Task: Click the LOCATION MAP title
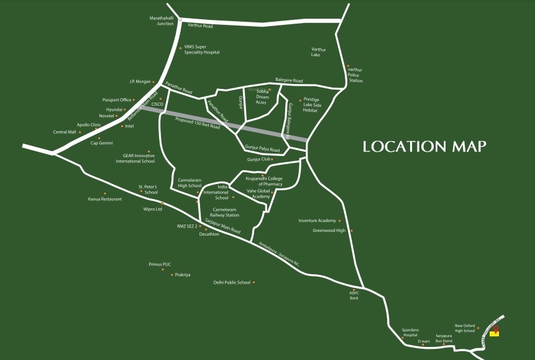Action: (424, 147)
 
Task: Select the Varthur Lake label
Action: (319, 52)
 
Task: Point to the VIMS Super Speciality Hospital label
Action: (202, 50)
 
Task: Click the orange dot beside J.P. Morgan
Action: (153, 81)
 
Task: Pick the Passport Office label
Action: (117, 99)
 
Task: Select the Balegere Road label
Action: (289, 81)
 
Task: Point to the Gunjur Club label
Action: (258, 159)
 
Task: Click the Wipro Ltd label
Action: (152, 210)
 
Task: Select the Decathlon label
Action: (209, 234)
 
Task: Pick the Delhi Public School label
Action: (232, 282)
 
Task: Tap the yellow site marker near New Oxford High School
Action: (495, 333)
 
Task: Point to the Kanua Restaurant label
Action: (105, 199)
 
